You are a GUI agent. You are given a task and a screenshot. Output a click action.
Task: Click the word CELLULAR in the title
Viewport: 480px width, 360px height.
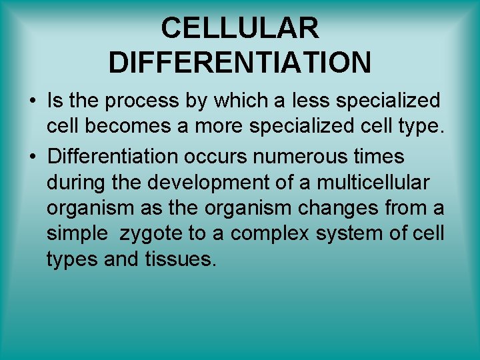(x=240, y=29)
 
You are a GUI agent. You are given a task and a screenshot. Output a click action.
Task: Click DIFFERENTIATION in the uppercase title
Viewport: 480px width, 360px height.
(x=240, y=63)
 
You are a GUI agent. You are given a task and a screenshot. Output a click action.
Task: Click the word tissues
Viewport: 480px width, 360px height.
(x=180, y=260)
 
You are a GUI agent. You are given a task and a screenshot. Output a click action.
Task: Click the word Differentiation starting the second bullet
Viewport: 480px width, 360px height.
(x=112, y=157)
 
